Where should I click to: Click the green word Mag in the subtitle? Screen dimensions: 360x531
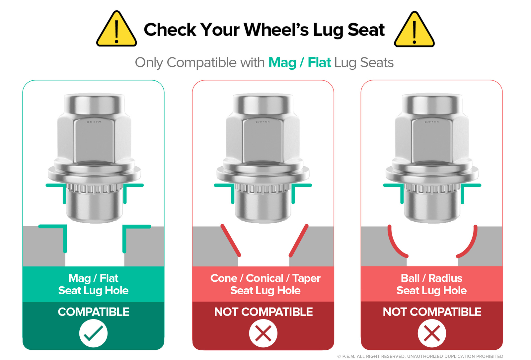click(x=282, y=63)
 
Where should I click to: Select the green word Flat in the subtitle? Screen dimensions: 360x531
click(x=319, y=63)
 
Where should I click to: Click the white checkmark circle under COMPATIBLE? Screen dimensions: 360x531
click(x=93, y=333)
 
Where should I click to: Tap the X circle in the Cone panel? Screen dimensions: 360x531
click(x=263, y=333)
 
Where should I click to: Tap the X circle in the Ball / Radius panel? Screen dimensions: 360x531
click(x=432, y=333)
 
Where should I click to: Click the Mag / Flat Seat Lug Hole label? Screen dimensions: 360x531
click(x=93, y=284)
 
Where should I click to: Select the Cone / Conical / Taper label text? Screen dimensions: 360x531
click(x=265, y=278)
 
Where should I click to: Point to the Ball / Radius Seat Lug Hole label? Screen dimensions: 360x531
click(x=431, y=284)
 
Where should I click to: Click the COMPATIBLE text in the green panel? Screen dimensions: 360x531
click(x=93, y=312)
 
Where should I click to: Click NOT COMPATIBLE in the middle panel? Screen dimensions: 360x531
click(x=263, y=312)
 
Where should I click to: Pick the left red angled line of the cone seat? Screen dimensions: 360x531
click(x=231, y=241)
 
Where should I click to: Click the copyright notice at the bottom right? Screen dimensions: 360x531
click(x=420, y=356)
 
